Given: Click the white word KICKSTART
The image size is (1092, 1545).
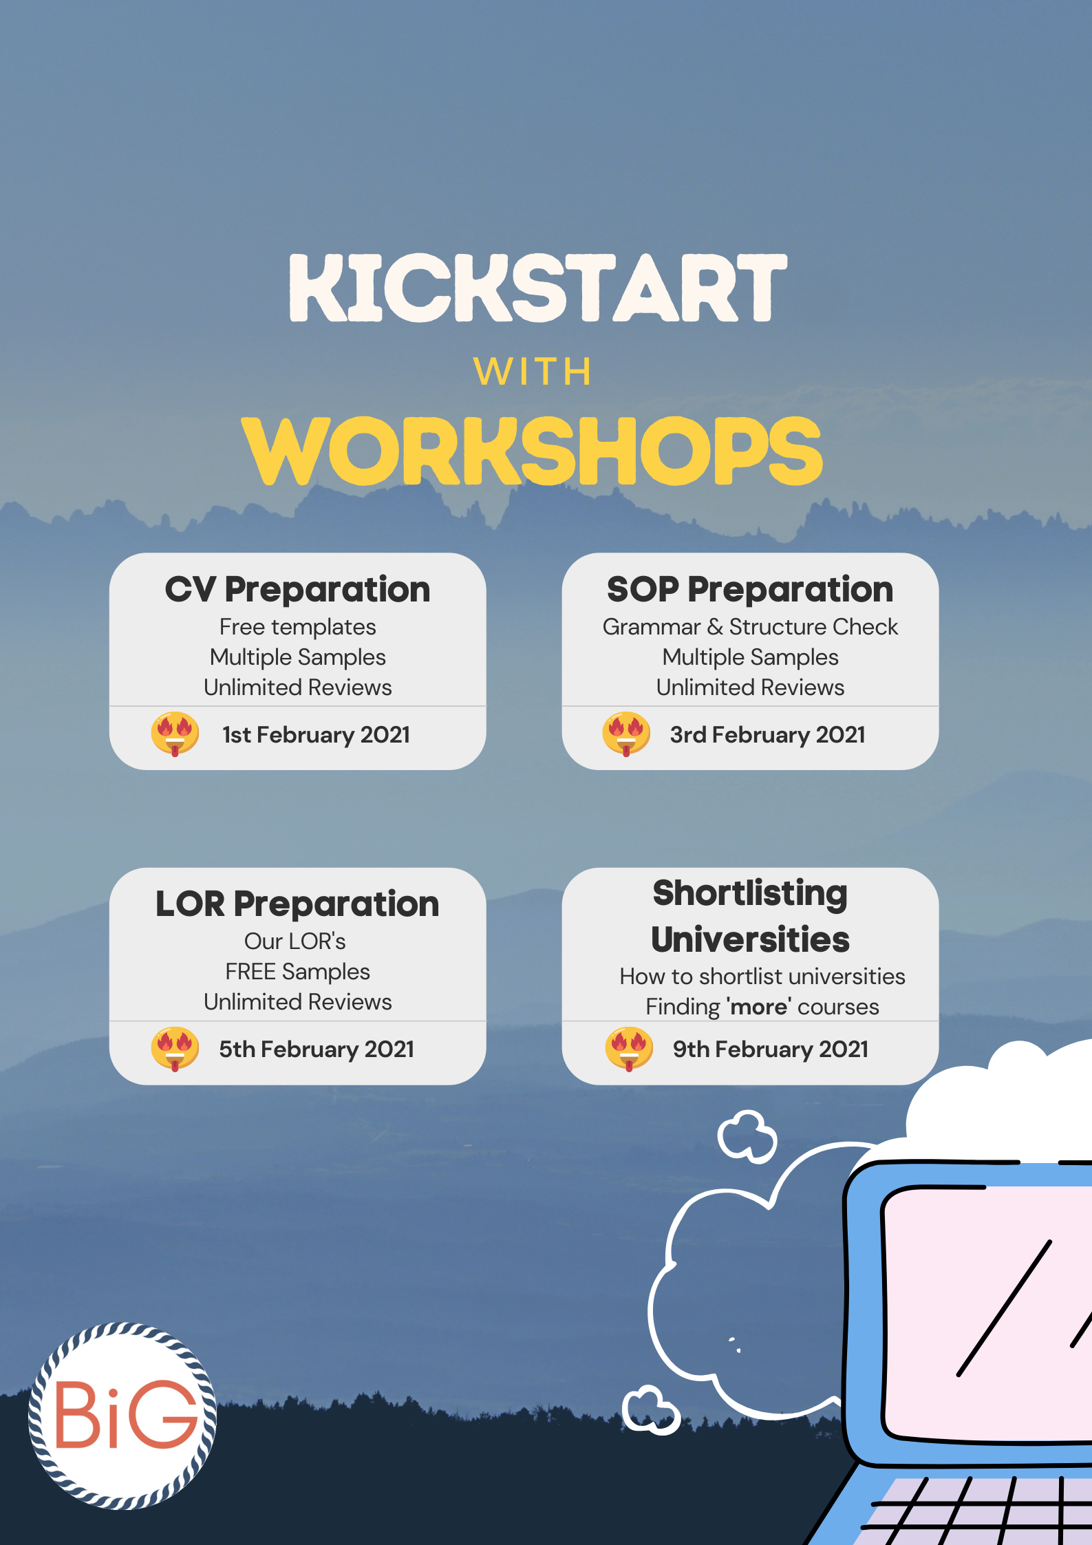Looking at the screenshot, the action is coord(537,288).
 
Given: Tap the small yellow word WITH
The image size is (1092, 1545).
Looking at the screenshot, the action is coord(533,372).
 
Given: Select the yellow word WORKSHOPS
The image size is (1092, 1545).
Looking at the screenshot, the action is coord(532,451).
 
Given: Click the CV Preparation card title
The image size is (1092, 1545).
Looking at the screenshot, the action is coord(297,590).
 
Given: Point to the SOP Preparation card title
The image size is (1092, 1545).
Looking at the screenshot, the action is coord(750,590).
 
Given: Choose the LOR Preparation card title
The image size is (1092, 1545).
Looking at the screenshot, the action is coord(297,904).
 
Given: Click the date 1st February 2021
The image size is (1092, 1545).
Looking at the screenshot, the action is coord(316,735).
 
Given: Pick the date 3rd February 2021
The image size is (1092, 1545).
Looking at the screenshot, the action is coord(768,735).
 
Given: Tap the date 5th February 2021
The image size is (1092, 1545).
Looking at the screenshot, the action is coord(317,1049).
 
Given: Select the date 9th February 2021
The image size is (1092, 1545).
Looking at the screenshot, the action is coord(771,1049).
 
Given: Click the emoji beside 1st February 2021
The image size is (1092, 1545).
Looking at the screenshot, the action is coord(175,734).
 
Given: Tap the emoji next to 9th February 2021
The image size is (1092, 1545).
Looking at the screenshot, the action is coord(629,1049).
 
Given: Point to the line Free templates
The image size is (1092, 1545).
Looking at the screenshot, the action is coord(297,627).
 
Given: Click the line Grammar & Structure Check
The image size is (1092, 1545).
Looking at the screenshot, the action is coord(750,627).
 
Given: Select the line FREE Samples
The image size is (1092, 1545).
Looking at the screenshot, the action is coord(297,972).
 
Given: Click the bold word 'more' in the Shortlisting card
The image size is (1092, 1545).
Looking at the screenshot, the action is coord(759,1007).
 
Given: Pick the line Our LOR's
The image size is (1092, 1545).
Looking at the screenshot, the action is coord(295,941).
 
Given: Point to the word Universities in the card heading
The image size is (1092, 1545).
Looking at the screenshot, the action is coord(750,940).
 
